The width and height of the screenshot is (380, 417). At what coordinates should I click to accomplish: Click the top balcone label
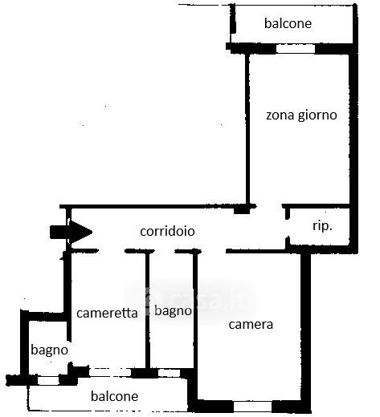pyautogui.click(x=288, y=23)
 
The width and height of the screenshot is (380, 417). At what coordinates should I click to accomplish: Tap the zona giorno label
pyautogui.click(x=301, y=115)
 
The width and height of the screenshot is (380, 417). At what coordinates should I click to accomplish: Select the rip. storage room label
pyautogui.click(x=322, y=226)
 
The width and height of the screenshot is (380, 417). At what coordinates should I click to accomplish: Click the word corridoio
pyautogui.click(x=167, y=231)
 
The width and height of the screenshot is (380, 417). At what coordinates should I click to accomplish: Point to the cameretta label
pyautogui.click(x=107, y=313)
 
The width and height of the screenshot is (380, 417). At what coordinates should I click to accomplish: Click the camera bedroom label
pyautogui.click(x=251, y=325)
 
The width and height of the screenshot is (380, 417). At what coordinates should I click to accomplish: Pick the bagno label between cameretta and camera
pyautogui.click(x=174, y=311)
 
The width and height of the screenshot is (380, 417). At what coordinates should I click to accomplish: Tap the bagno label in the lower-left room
pyautogui.click(x=50, y=350)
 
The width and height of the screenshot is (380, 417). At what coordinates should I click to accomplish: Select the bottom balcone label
pyautogui.click(x=115, y=396)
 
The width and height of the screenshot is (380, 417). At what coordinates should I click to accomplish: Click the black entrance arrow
pyautogui.click(x=71, y=232)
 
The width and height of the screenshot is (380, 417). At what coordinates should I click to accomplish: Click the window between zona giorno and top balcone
pyautogui.click(x=296, y=49)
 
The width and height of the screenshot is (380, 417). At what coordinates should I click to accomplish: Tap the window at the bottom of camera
pyautogui.click(x=252, y=407)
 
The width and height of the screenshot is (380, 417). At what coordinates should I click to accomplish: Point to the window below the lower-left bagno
pyautogui.click(x=48, y=380)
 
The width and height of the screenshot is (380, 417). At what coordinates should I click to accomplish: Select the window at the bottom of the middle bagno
pyautogui.click(x=169, y=373)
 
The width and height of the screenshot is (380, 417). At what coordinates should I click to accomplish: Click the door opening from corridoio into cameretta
pyautogui.click(x=112, y=251)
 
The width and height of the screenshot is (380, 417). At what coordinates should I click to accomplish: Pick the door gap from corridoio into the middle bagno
pyautogui.click(x=165, y=251)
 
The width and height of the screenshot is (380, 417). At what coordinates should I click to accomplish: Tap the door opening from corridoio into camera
pyautogui.click(x=214, y=251)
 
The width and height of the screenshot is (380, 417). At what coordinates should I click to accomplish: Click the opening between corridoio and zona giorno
pyautogui.click(x=269, y=206)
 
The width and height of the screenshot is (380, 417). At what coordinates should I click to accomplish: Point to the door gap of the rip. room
pyautogui.click(x=288, y=228)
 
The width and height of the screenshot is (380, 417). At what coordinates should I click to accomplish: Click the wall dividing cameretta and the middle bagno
pyautogui.click(x=147, y=311)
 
